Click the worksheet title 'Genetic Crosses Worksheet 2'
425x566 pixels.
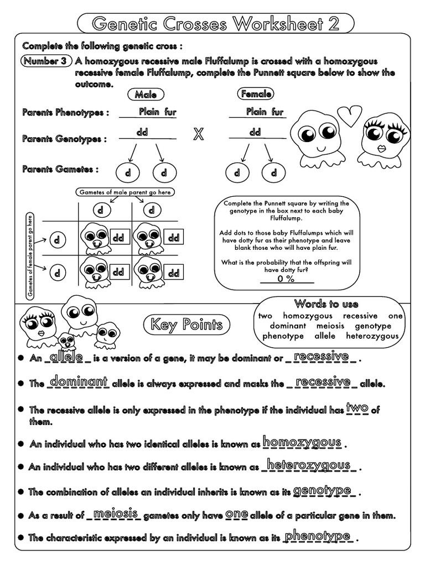[215, 24]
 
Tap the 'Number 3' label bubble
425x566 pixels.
[46, 61]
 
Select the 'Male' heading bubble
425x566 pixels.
[146, 95]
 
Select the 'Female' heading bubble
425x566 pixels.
[256, 95]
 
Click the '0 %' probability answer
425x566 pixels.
[286, 279]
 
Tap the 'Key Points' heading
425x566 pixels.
[184, 325]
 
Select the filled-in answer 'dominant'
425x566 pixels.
[78, 382]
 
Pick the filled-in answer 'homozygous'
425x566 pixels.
[302, 442]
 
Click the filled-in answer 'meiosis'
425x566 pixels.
[116, 514]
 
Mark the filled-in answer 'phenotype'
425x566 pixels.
[318, 536]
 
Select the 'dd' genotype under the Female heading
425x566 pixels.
[255, 133]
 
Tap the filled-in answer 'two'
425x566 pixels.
[357, 408]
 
